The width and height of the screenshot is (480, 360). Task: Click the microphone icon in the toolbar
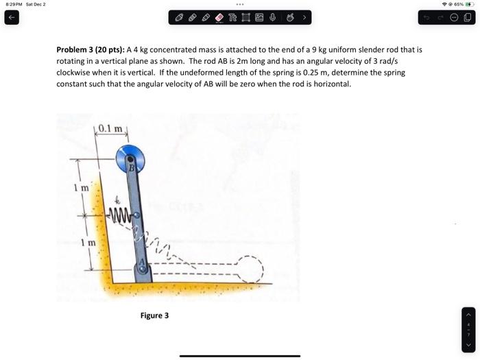click(272, 17)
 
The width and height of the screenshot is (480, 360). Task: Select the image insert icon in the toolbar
click(258, 17)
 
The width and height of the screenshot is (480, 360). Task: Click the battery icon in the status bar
click(469, 4)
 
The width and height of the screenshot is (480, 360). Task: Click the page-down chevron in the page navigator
click(469, 344)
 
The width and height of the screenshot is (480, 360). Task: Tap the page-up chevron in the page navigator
click(469, 313)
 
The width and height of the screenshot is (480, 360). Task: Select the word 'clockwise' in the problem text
click(73, 72)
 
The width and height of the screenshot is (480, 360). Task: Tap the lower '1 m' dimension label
click(82, 243)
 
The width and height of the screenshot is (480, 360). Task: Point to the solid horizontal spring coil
click(119, 219)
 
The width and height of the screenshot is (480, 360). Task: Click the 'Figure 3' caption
click(154, 315)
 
